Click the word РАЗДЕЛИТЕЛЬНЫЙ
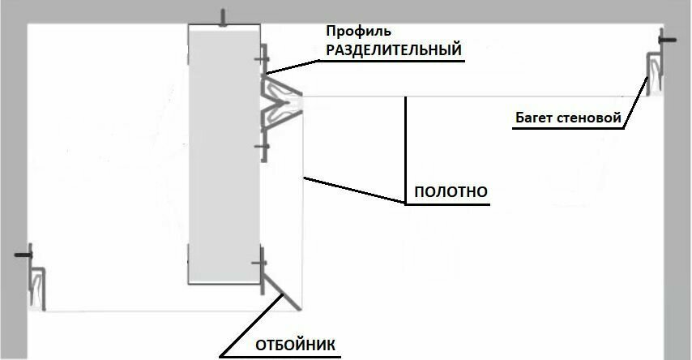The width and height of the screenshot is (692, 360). pos(394,49)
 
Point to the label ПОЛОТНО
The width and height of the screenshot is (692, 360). pos(450,193)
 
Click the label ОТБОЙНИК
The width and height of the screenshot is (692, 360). pos(294,344)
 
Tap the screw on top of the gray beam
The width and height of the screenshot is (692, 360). pos(224,18)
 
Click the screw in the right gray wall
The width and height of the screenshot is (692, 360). pos(667,40)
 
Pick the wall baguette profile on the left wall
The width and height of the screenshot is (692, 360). pos(37,288)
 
